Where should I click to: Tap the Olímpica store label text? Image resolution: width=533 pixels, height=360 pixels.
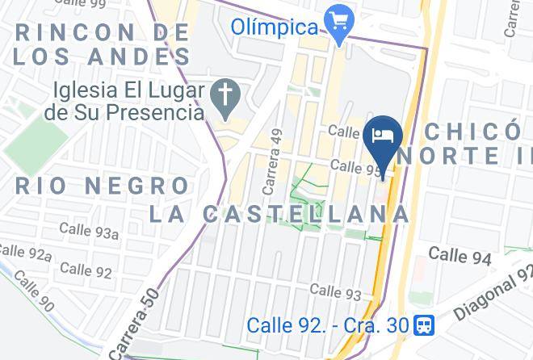[x=275, y=27]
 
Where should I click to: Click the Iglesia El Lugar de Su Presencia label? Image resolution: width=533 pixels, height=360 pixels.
[x=124, y=101]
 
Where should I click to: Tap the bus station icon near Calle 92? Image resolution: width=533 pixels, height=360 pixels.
[x=423, y=325]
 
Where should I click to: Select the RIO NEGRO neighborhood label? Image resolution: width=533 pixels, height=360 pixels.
[x=103, y=186]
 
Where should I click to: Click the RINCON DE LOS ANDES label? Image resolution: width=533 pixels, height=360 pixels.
[x=103, y=44]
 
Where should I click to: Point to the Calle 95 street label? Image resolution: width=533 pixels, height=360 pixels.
[x=356, y=167]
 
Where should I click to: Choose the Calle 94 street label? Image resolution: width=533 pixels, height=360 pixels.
[x=460, y=256]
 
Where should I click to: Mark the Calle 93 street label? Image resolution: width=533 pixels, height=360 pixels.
[x=335, y=291]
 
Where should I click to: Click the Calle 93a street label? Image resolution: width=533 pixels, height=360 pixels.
[x=89, y=232]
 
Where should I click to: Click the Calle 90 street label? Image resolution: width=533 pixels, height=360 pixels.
[x=34, y=295]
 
